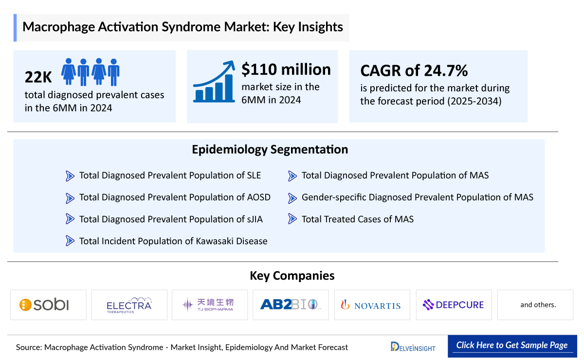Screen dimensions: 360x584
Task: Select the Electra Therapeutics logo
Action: (129, 305)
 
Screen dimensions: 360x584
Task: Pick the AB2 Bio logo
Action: (291, 305)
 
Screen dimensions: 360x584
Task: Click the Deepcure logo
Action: (453, 305)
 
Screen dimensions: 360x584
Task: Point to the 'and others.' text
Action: (538, 305)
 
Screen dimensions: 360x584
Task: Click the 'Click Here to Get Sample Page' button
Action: (512, 345)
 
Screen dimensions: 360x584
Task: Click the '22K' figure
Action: (39, 77)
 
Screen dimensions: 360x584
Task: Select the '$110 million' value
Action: (286, 70)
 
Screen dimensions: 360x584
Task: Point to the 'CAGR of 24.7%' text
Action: (414, 71)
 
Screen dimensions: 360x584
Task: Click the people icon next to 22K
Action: (91, 72)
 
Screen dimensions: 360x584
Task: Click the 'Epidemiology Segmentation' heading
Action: (270, 149)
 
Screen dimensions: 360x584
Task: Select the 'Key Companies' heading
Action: (292, 276)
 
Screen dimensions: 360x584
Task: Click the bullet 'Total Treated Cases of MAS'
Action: (357, 219)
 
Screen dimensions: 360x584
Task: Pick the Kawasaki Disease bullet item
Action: (173, 241)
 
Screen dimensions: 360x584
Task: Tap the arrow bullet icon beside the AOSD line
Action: (70, 198)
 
